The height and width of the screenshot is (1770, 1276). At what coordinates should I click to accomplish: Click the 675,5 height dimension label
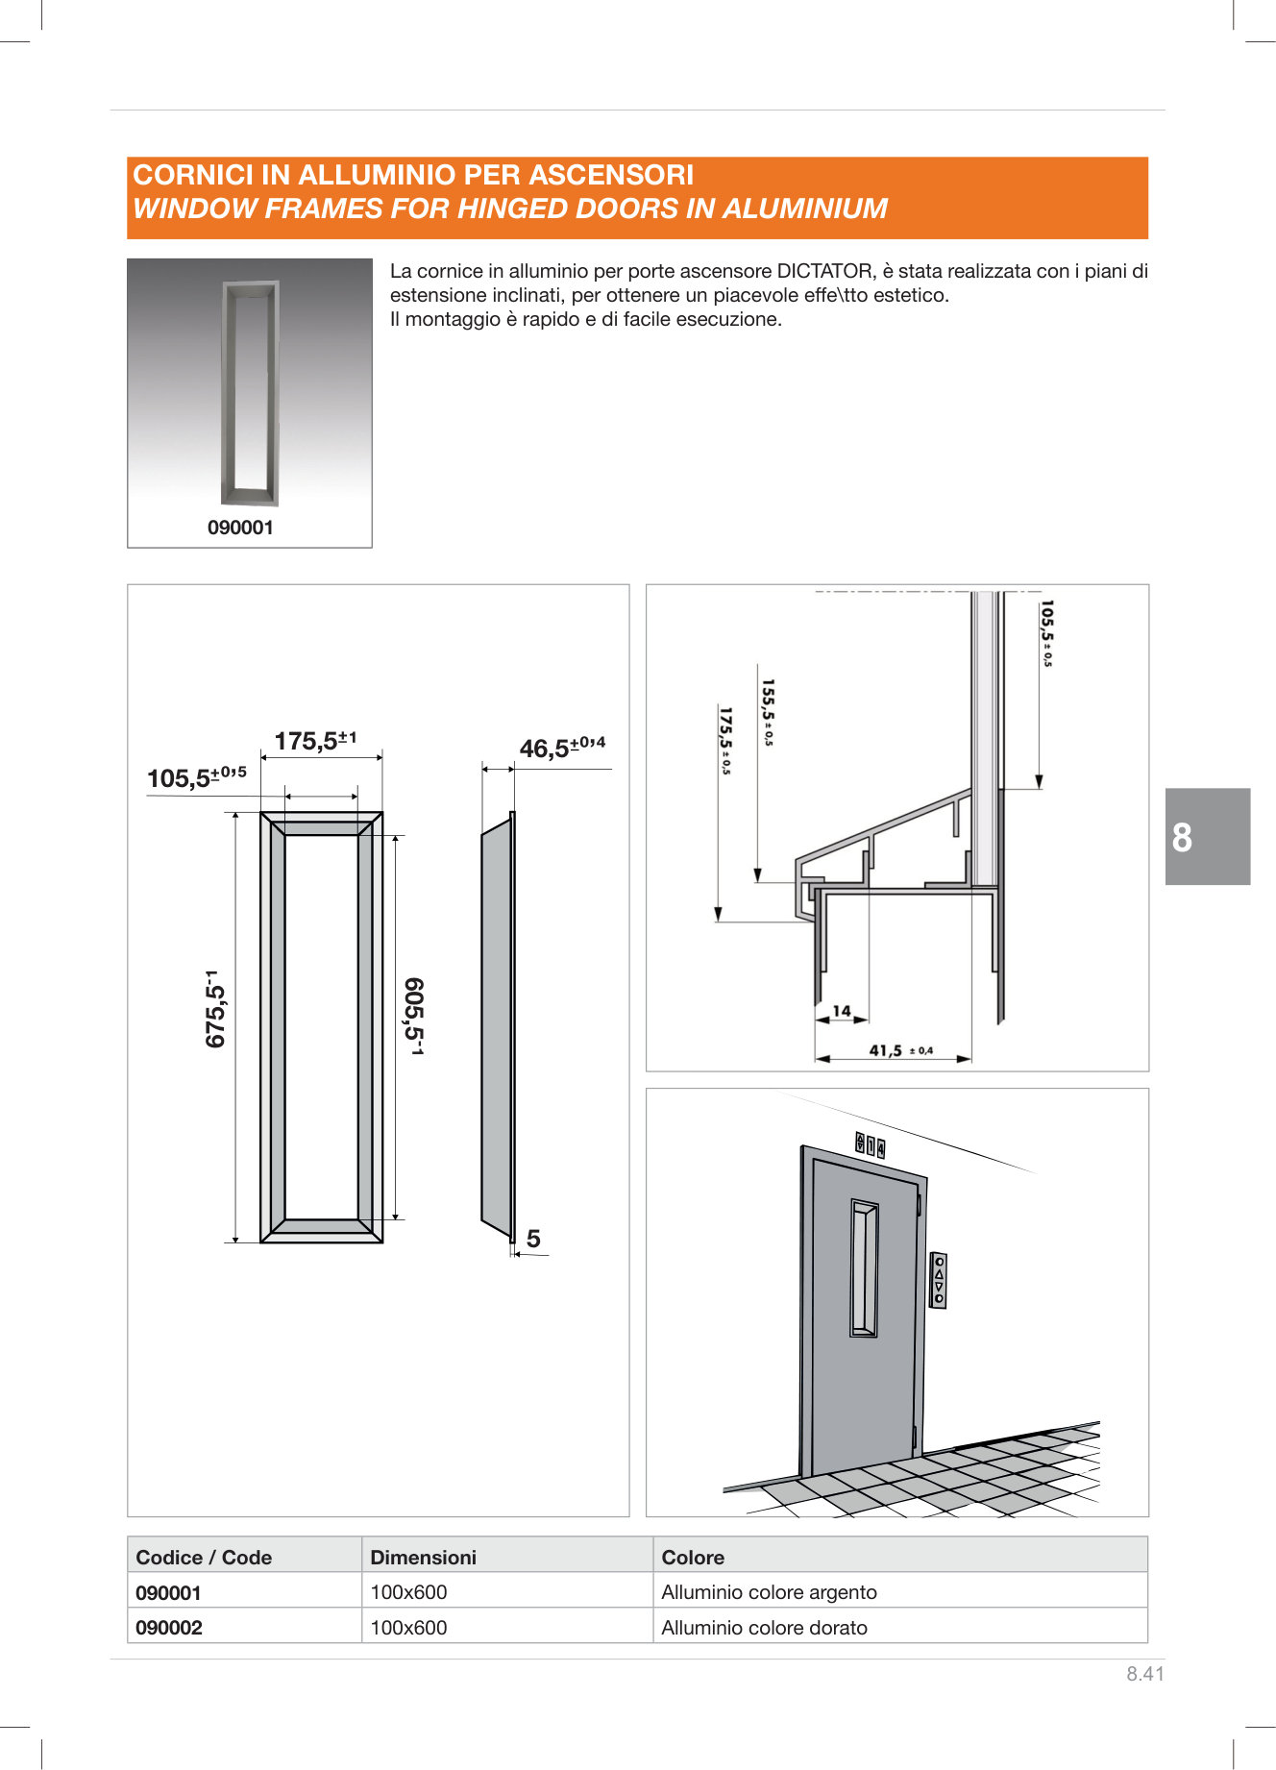pos(216,1009)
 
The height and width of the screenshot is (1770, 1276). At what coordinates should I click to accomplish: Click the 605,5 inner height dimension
pos(414,1017)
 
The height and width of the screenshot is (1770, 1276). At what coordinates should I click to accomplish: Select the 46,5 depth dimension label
pos(562,748)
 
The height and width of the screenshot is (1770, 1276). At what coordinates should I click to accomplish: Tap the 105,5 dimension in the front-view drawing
pos(196,776)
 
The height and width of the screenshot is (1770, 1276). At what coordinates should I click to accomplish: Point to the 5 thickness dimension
pos(533,1239)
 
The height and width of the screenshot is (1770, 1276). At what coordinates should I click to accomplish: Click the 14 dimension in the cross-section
pos(842,1010)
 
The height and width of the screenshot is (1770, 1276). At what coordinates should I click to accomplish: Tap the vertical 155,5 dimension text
pos(768,712)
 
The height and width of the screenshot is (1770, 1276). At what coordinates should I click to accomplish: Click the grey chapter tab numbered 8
pos(1207,836)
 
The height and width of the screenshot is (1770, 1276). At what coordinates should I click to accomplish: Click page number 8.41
pos(1144,1673)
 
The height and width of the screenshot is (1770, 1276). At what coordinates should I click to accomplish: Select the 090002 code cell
pos(169,1627)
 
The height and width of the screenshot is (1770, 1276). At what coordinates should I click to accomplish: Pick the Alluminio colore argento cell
pos(769,1591)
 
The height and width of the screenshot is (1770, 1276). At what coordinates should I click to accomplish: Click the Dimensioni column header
pos(423,1557)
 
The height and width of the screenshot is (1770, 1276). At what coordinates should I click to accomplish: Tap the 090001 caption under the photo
pos(240,528)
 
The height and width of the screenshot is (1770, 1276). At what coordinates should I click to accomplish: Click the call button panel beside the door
pos(939,1280)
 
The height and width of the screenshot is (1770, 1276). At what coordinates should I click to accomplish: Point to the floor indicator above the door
pos(870,1144)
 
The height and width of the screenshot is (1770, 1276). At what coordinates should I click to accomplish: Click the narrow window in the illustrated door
pos(864,1267)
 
